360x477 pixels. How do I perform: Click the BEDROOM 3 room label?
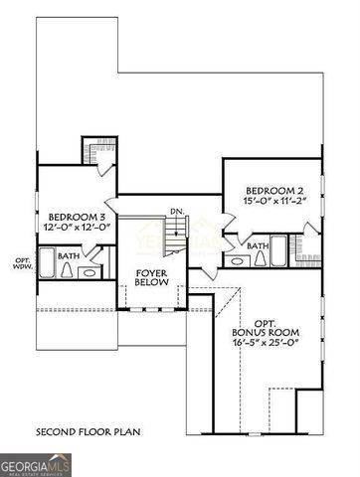pyautogui.click(x=77, y=216)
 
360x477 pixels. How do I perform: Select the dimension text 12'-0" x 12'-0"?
pyautogui.click(x=77, y=227)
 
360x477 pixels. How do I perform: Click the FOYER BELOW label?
pyautogui.click(x=151, y=278)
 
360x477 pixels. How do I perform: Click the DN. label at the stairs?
pyautogui.click(x=177, y=211)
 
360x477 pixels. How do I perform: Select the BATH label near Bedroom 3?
pyautogui.click(x=69, y=255)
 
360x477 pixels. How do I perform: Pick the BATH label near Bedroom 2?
pyautogui.click(x=258, y=245)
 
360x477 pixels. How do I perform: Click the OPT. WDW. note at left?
pyautogui.click(x=23, y=264)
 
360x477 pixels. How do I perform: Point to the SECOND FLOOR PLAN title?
pyautogui.click(x=89, y=432)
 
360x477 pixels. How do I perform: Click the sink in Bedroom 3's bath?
pyautogui.click(x=89, y=271)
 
